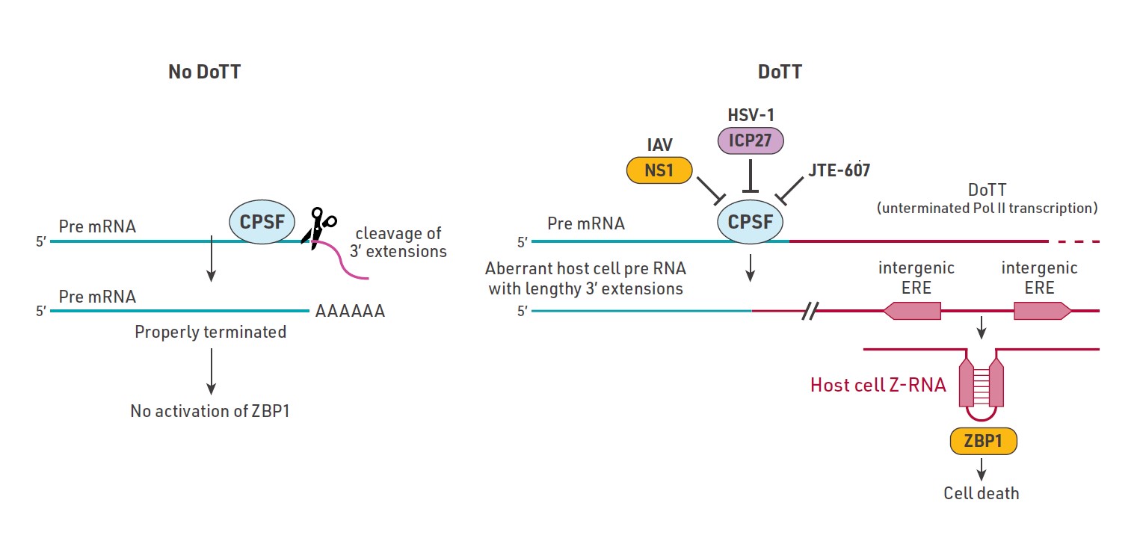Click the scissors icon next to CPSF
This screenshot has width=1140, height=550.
click(319, 226)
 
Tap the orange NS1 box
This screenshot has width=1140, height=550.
click(659, 170)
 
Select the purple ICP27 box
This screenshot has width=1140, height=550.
click(750, 140)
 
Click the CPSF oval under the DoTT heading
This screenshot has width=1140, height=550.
click(750, 221)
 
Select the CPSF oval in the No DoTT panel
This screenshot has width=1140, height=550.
click(262, 220)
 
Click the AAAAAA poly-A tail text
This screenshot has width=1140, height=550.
click(350, 312)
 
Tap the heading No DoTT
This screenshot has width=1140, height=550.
click(204, 72)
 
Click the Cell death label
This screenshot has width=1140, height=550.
click(981, 492)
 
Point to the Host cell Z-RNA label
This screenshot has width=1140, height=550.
click(878, 386)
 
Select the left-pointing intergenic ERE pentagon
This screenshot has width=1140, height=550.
click(912, 310)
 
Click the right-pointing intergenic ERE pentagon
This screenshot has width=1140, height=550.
click(1041, 310)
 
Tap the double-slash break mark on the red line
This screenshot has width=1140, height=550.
click(809, 310)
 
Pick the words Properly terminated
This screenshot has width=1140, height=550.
click(210, 332)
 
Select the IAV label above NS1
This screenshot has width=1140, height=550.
click(659, 144)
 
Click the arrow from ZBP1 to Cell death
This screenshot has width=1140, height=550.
click(982, 469)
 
